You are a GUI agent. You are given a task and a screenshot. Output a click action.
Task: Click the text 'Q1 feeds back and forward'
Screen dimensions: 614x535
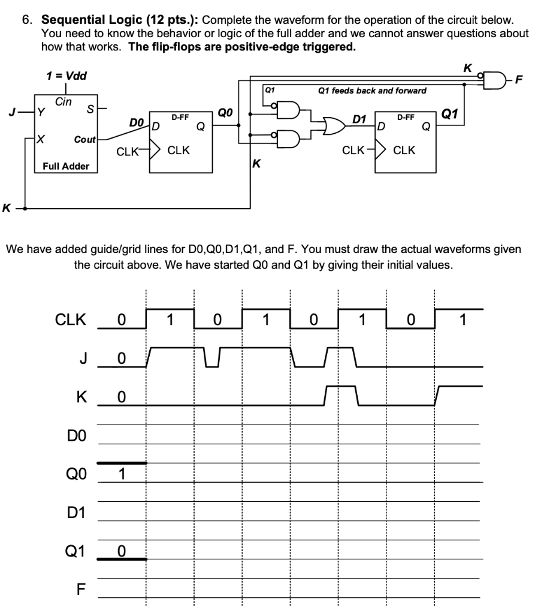pos(372,91)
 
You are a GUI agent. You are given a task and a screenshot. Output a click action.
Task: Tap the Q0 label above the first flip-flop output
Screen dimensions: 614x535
pos(225,112)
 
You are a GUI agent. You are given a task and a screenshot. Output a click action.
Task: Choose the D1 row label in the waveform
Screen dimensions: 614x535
pos(77,511)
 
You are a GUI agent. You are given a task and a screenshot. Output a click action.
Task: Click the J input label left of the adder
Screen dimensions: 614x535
pos(11,110)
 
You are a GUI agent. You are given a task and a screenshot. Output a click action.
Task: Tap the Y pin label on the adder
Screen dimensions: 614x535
pos(41,110)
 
